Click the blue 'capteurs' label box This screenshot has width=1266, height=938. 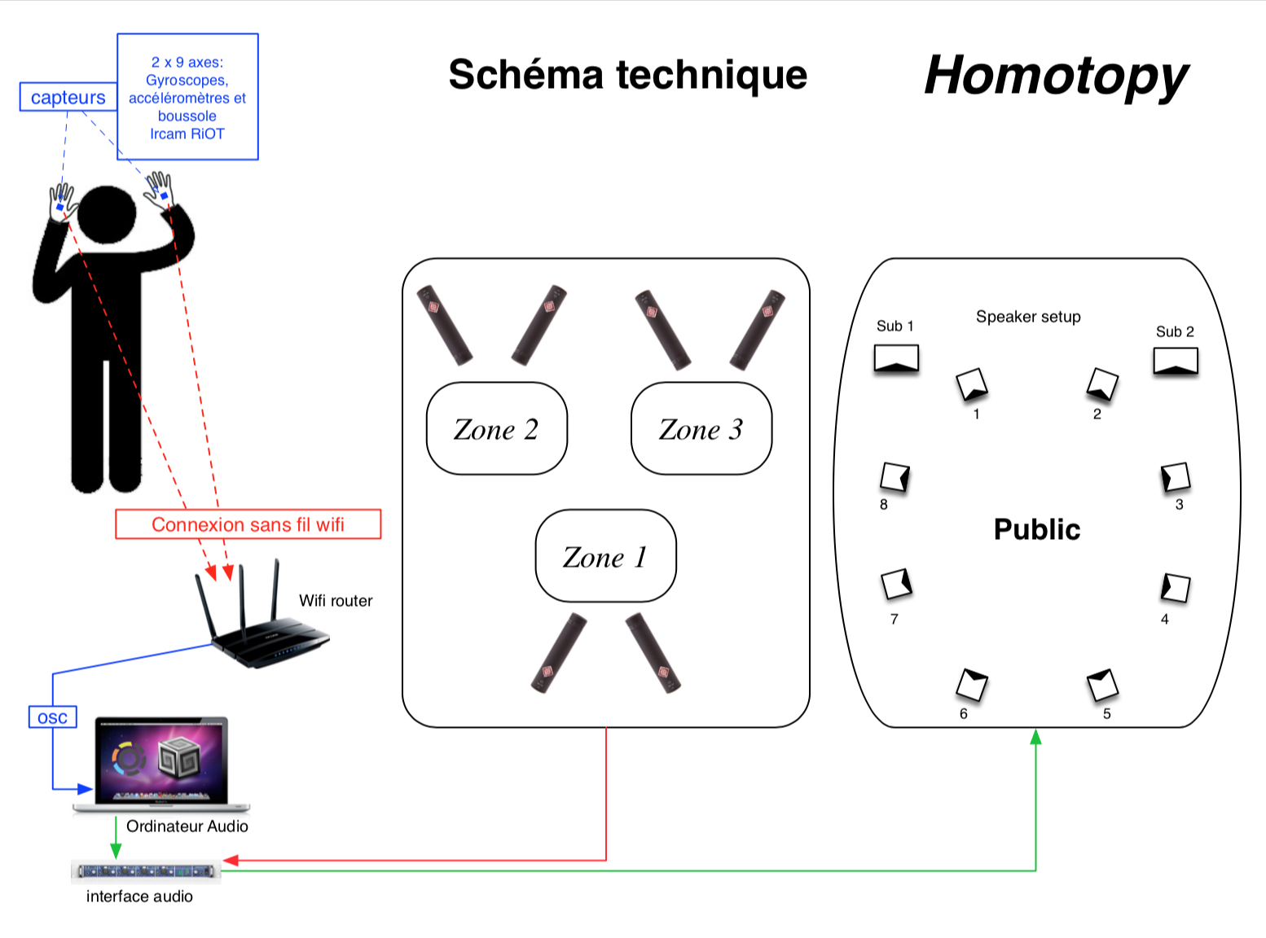pos(68,97)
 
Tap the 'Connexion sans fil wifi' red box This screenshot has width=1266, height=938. pos(248,524)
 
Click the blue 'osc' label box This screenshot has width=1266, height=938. pos(52,717)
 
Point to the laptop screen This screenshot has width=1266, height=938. pos(161,761)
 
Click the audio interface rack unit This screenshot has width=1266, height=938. pos(146,870)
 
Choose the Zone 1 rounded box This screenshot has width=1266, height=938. pos(605,556)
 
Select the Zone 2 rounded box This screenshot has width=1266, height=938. pos(497,428)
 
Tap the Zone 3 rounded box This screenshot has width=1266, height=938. pos(701,428)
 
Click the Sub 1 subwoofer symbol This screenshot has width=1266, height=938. pos(896,358)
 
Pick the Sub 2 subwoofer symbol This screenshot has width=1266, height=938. pos(1176,362)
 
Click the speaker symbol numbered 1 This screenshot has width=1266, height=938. pos(971,384)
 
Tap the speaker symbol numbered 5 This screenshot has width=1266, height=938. pos(1102,684)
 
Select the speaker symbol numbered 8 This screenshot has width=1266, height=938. pos(895,477)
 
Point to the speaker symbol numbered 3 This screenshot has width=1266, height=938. pos(1176,476)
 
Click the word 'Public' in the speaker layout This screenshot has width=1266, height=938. pos(1036,529)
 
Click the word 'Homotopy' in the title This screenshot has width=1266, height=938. pos(1056,76)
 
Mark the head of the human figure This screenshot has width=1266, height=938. pos(107,214)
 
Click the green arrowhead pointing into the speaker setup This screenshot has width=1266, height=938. pos(1035,737)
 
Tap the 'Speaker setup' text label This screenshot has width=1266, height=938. pos(1028,317)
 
